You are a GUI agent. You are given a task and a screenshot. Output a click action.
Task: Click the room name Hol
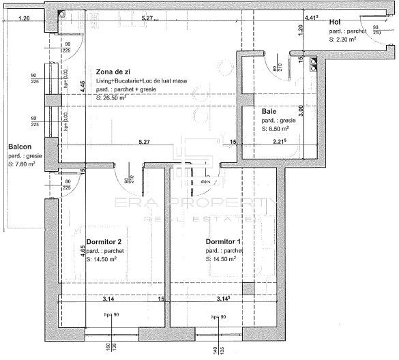point(335,22)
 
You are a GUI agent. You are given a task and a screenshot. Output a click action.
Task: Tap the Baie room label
point(269,110)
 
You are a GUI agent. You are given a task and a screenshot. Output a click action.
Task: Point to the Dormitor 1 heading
point(224,242)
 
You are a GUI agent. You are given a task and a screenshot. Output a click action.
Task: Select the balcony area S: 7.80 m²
point(23,164)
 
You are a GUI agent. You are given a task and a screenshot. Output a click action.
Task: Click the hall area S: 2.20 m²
point(344,40)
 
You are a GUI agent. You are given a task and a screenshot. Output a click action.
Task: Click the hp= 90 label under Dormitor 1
point(218,316)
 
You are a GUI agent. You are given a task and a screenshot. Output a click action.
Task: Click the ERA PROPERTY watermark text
point(197,205)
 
